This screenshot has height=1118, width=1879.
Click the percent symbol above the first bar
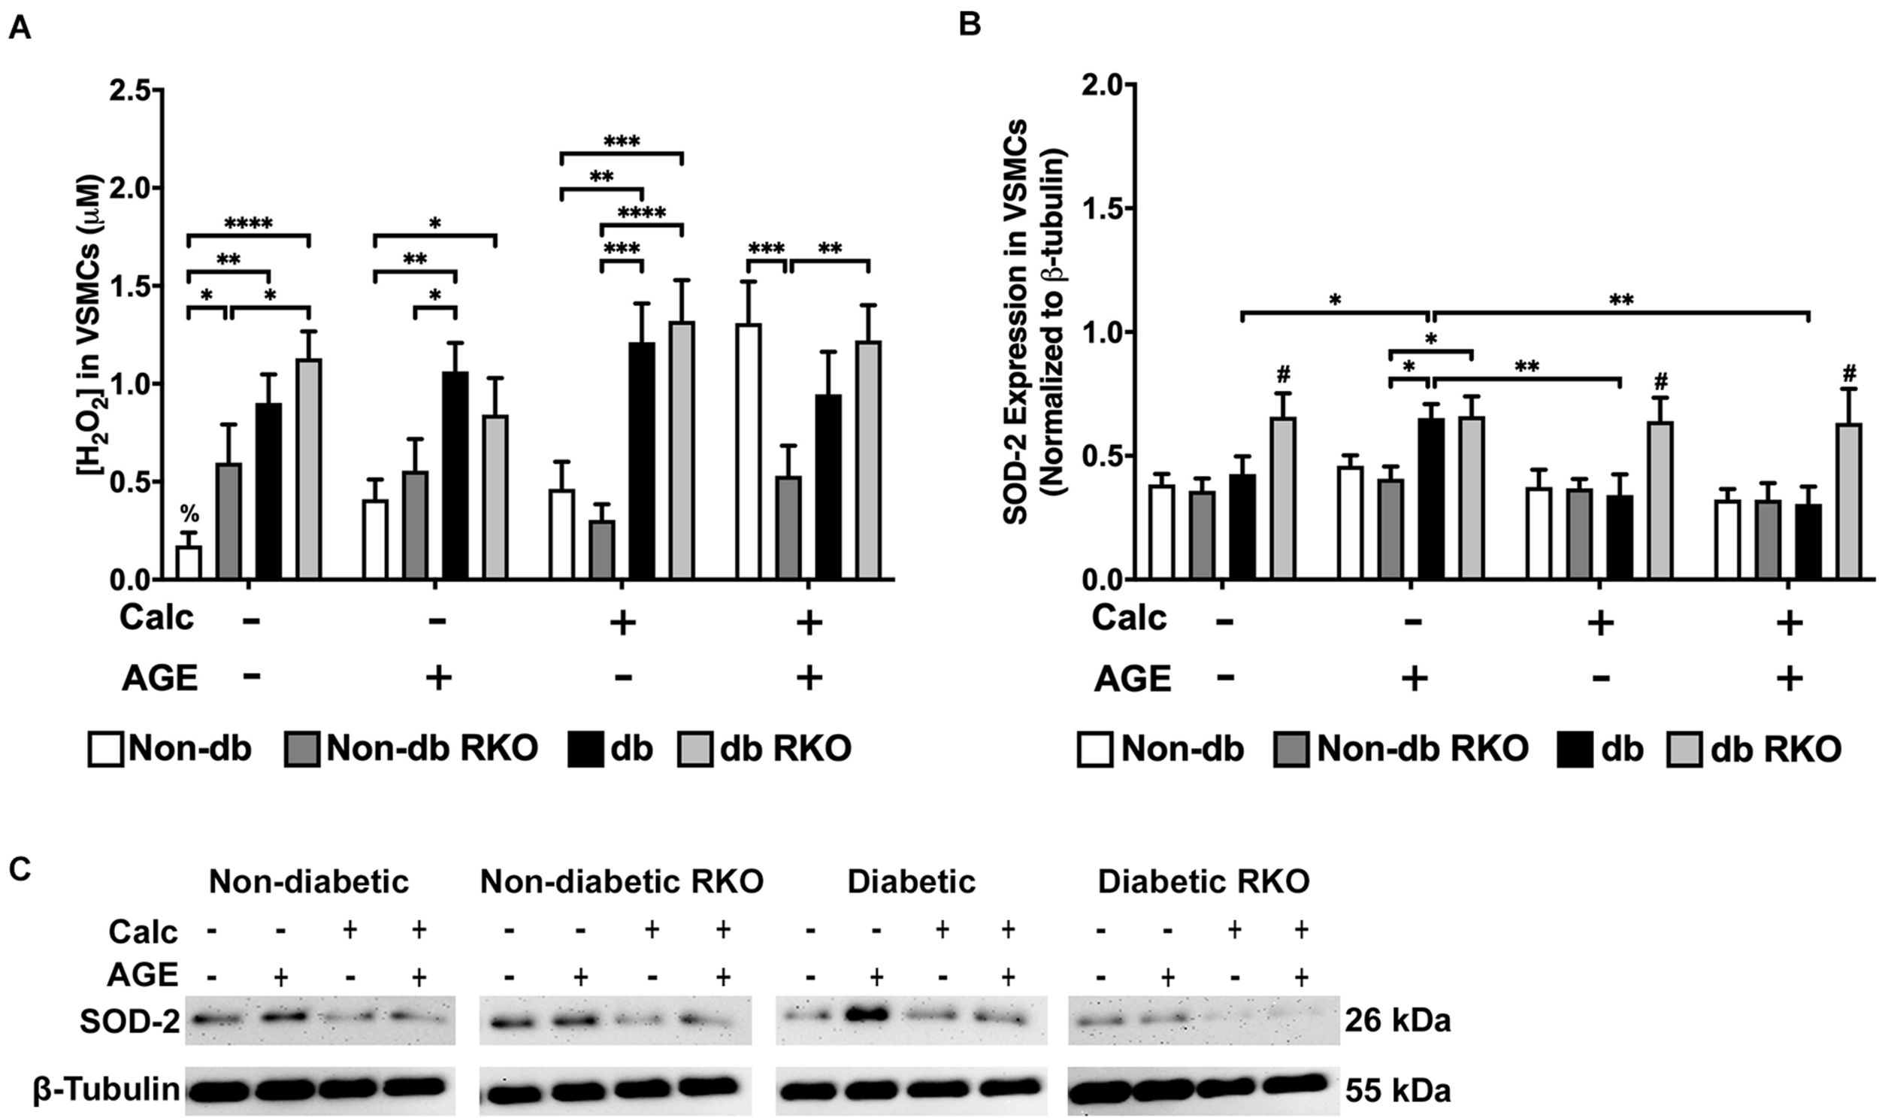tap(189, 515)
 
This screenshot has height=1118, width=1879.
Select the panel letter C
tap(20, 868)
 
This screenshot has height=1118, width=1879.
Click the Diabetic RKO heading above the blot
tap(1203, 881)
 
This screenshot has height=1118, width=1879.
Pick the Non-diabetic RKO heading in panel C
tap(622, 881)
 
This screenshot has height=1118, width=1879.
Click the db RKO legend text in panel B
tap(1775, 749)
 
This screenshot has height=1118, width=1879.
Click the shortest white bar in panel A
tap(189, 563)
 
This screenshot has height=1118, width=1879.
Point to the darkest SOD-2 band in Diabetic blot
tap(875, 1017)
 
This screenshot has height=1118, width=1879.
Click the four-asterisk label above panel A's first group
tap(249, 223)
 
